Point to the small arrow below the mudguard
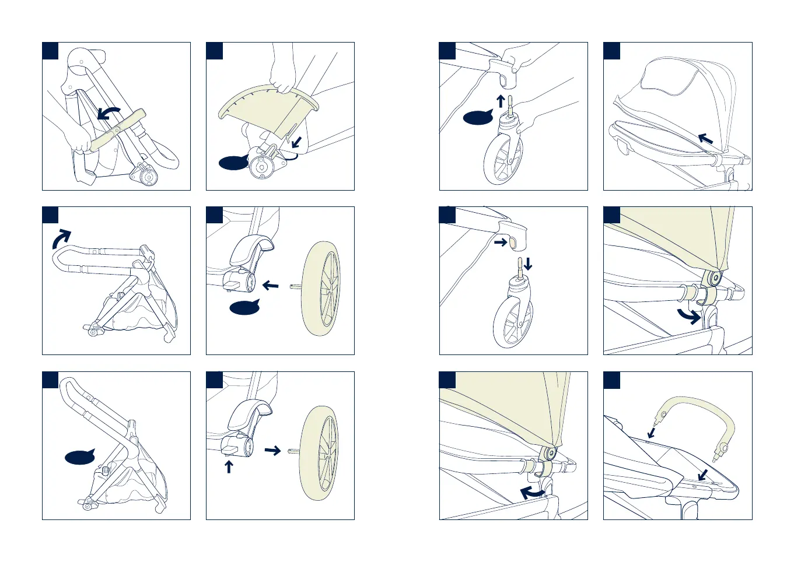(296, 142)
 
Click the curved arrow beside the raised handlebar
(61, 238)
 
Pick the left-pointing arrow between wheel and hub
(270, 285)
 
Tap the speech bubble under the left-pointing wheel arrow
(245, 307)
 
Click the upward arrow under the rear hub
(229, 466)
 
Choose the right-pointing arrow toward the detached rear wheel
(272, 450)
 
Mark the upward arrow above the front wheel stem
(501, 101)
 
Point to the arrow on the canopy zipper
(705, 139)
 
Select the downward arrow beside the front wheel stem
(528, 264)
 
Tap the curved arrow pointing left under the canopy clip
(531, 493)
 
